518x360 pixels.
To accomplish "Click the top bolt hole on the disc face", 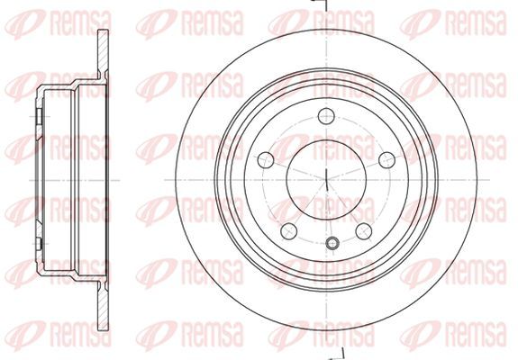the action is click(326, 116).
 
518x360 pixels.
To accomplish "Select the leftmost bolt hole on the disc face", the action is click(266, 160).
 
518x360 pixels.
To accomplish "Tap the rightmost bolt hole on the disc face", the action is click(386, 160).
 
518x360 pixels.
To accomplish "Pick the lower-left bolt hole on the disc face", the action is click(289, 231).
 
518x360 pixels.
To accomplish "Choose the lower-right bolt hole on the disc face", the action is click(364, 231).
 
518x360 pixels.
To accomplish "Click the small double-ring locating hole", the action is click(332, 244).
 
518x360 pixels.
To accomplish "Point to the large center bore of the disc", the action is click(326, 180).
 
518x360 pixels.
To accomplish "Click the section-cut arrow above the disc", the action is click(319, 4).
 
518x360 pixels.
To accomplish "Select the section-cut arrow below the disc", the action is click(336, 355).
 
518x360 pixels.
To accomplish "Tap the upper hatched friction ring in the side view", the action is click(103, 54).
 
